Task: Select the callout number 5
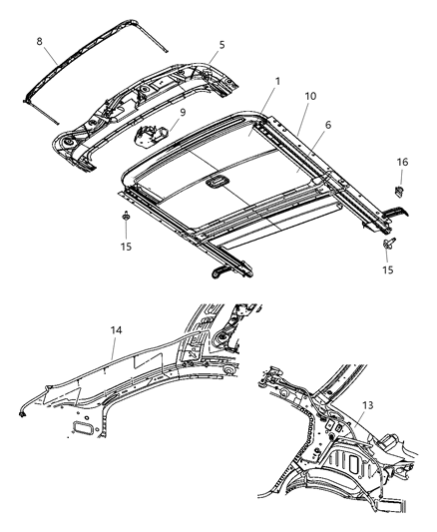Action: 222,44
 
